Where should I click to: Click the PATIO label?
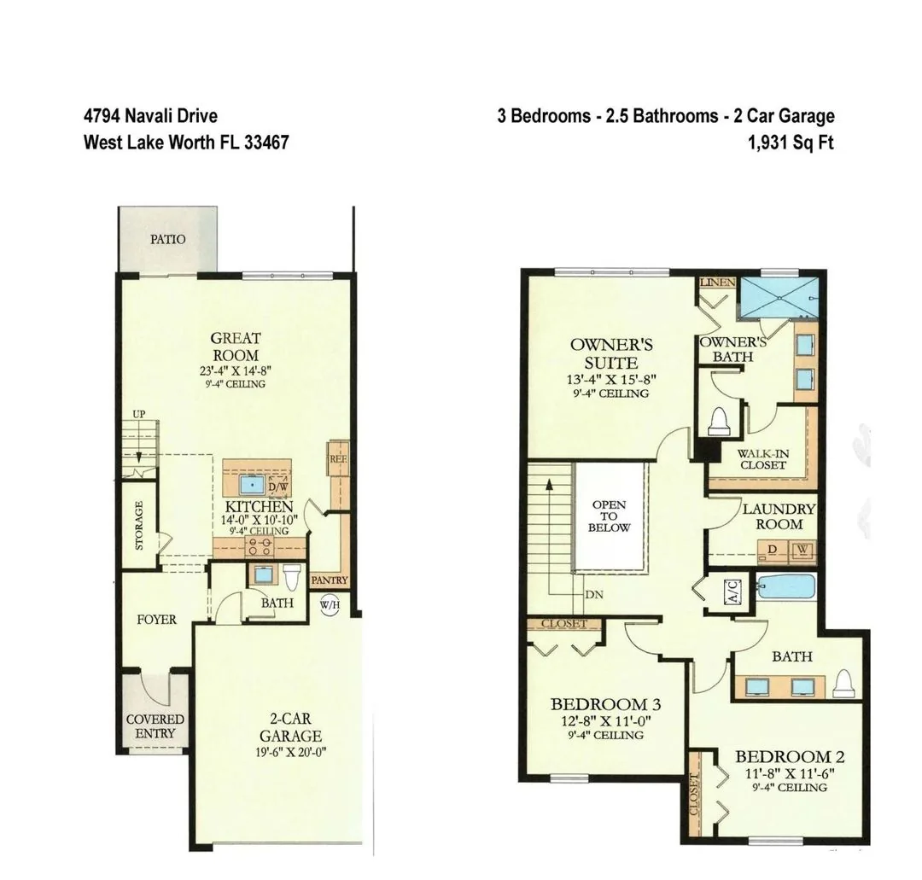(x=167, y=239)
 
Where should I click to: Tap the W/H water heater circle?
(x=330, y=605)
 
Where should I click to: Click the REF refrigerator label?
(x=338, y=459)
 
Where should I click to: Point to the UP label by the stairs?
(x=139, y=414)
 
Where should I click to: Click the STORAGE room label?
(x=139, y=525)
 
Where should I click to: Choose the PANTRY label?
(x=330, y=580)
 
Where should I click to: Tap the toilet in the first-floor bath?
(x=292, y=576)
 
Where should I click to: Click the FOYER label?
(x=156, y=620)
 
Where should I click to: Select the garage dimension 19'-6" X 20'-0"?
(x=291, y=752)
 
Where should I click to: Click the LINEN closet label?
(x=717, y=283)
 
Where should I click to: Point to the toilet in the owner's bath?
(x=719, y=421)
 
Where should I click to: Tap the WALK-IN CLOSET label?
(x=763, y=459)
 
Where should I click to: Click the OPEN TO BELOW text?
(x=610, y=516)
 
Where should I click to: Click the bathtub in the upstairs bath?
(x=786, y=586)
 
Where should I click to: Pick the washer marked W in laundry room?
(x=803, y=551)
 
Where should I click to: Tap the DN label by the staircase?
(x=594, y=595)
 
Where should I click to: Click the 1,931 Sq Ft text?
(x=791, y=143)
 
